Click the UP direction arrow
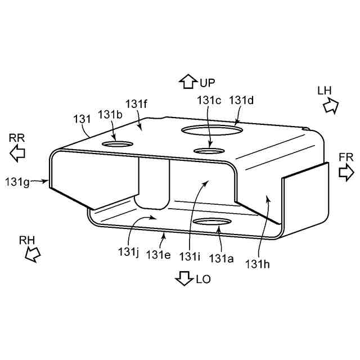[x=188, y=82]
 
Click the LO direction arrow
[x=184, y=278]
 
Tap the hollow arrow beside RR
[x=17, y=153]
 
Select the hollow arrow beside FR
[x=346, y=173]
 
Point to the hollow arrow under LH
[x=331, y=106]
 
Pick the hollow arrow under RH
[x=33, y=254]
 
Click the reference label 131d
[x=241, y=100]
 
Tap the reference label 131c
[x=209, y=100]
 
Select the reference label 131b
[x=110, y=115]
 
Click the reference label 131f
[x=136, y=105]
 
